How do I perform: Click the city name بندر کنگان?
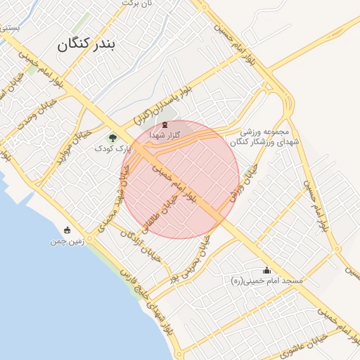click(87, 46)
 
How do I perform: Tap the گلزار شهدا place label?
click(167, 134)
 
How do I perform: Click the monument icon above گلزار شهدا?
click(165, 124)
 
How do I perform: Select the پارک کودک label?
click(113, 148)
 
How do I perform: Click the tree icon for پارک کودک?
click(112, 138)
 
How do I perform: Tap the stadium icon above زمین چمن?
click(67, 230)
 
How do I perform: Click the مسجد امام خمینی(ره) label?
click(267, 281)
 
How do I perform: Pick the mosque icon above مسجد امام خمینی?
click(266, 270)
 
